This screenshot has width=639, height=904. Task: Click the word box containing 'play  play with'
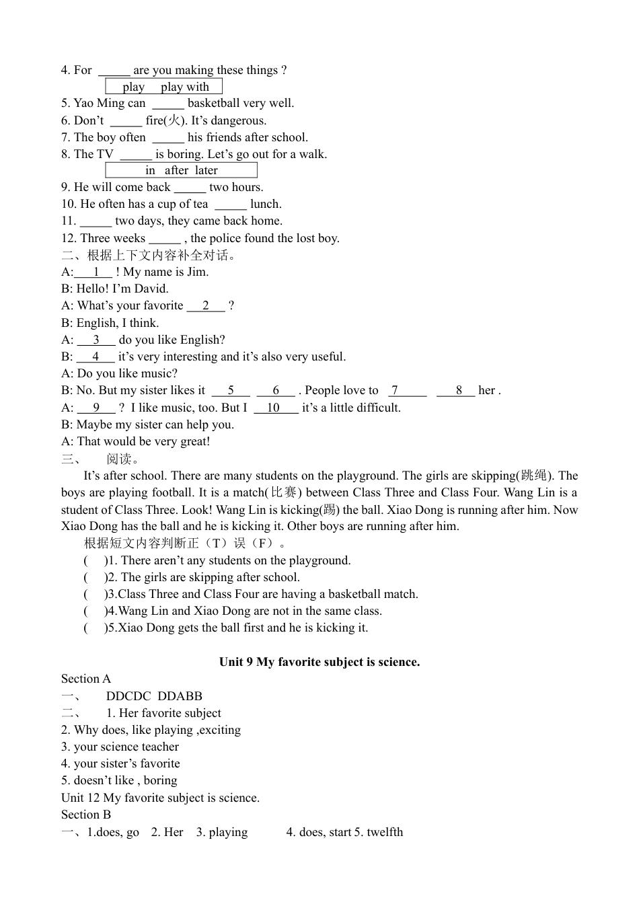coord(164,87)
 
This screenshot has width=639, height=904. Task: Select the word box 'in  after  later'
coord(181,170)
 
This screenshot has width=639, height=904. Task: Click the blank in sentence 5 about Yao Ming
coord(167,104)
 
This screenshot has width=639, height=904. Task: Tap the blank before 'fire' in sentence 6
coord(126,121)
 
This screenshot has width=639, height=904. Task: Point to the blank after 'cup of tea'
coord(230,204)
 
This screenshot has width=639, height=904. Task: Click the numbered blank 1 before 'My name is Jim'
coord(95,272)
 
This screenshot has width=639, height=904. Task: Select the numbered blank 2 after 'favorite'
coord(206,306)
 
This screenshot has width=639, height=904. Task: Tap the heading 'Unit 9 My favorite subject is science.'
coord(319,662)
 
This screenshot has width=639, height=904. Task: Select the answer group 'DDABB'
coord(180,696)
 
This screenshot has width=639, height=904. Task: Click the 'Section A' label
coord(86,679)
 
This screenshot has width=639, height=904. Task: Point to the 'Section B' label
coord(86,815)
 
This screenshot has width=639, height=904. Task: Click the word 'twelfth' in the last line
coord(385,832)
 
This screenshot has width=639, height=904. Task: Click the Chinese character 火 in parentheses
coord(174,120)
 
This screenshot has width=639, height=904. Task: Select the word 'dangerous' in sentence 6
coord(237,120)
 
